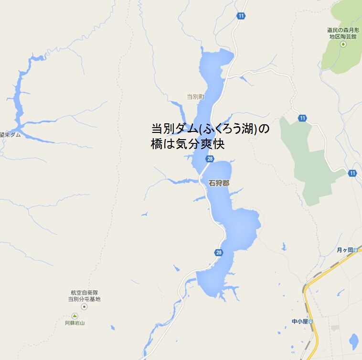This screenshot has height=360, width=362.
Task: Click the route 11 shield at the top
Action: (241, 16)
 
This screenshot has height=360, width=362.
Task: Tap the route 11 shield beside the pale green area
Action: (302, 118)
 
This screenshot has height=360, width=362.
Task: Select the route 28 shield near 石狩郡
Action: (210, 159)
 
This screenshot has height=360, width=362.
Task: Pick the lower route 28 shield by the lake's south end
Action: (219, 252)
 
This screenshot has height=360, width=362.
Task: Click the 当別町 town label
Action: (195, 97)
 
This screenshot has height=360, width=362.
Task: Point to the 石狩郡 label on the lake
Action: (219, 182)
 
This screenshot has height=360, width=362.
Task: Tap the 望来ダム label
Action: (11, 135)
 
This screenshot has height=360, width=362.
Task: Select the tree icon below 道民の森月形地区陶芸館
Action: (342, 44)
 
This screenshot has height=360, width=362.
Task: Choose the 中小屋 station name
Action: (300, 321)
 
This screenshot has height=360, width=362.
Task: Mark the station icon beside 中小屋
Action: (311, 321)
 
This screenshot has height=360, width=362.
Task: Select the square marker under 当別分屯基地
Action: (84, 306)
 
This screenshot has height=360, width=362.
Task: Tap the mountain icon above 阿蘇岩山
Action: (74, 316)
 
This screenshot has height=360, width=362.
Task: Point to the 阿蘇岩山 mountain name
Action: (75, 323)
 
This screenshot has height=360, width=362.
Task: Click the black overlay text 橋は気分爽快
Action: (188, 144)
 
